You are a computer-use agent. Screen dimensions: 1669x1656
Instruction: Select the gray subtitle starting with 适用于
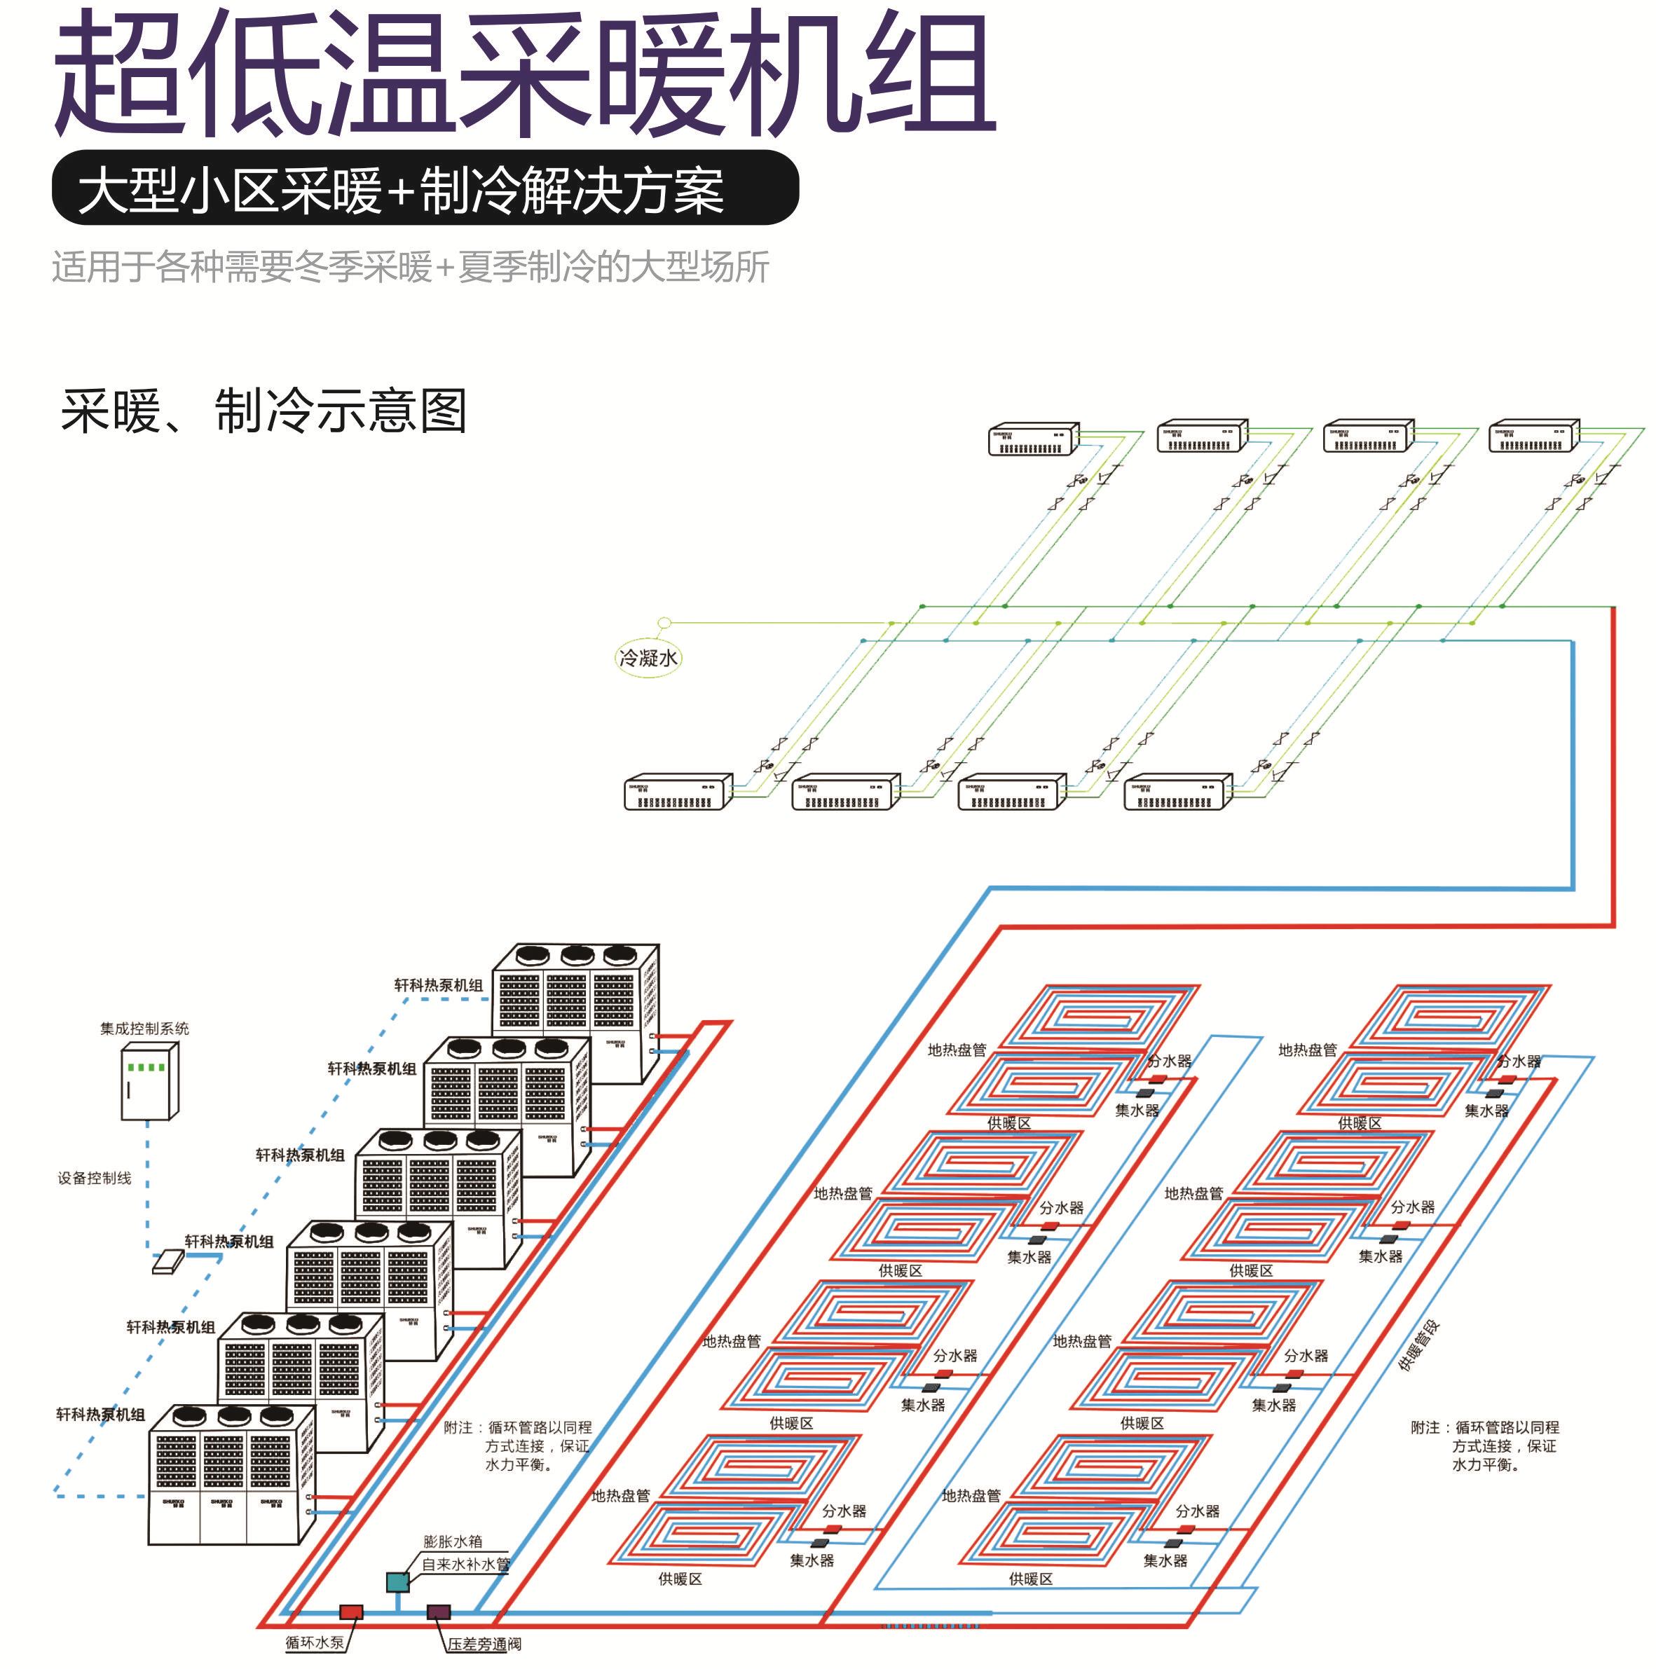pyautogui.click(x=411, y=267)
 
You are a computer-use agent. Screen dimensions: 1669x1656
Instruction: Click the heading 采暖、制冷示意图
pyautogui.click(x=264, y=411)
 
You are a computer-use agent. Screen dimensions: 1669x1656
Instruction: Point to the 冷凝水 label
pyautogui.click(x=648, y=658)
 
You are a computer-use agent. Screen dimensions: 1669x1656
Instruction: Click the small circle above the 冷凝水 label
pyautogui.click(x=664, y=622)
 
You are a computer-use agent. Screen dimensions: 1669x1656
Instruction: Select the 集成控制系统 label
pyautogui.click(x=144, y=1028)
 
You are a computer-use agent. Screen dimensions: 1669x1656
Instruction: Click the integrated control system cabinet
pyautogui.click(x=149, y=1082)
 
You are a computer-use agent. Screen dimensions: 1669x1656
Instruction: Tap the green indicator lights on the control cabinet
pyautogui.click(x=145, y=1068)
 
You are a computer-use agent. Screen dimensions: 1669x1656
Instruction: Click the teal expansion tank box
pyautogui.click(x=397, y=1581)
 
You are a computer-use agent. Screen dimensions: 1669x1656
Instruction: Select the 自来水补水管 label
pyautogui.click(x=467, y=1565)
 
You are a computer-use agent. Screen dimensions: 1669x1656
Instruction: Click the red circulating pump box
pyautogui.click(x=350, y=1612)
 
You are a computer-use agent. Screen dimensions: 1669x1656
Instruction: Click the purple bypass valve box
pyautogui.click(x=438, y=1612)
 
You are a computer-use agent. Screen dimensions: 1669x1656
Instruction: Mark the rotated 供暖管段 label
pyautogui.click(x=1418, y=1347)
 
